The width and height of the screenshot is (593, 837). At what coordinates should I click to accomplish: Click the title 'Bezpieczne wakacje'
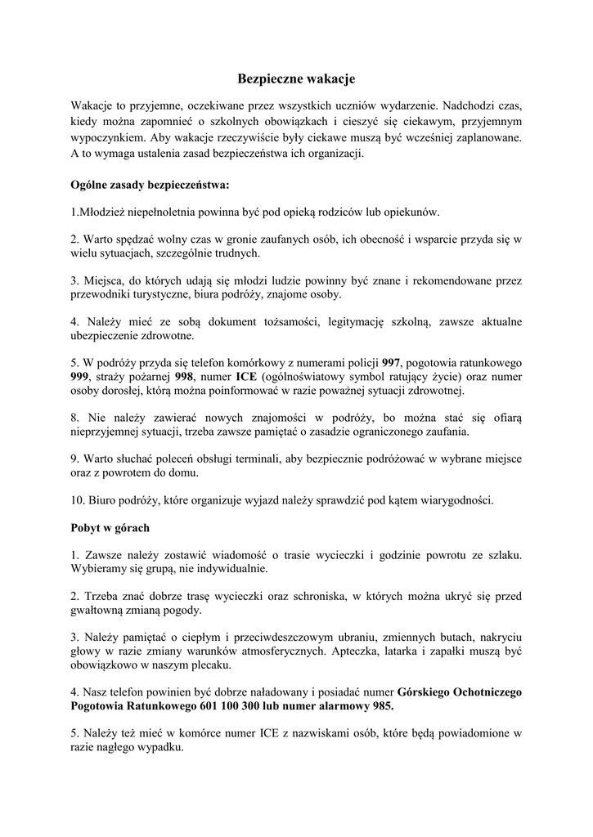(296, 79)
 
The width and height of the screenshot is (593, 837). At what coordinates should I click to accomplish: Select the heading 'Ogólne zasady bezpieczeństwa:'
(150, 185)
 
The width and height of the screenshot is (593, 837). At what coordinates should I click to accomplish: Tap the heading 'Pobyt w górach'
(110, 528)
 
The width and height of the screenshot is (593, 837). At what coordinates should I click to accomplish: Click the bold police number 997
(392, 361)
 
